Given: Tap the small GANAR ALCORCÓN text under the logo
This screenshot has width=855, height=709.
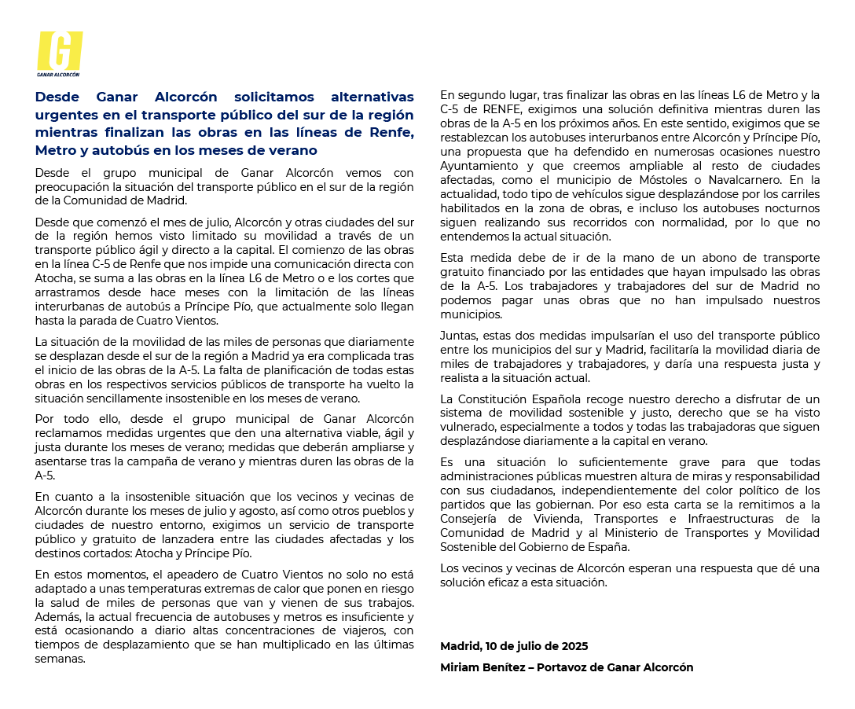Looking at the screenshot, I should (x=59, y=75).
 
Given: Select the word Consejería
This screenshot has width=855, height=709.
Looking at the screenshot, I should (x=473, y=519).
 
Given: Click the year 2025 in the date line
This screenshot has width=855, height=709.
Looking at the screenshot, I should (x=574, y=646).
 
